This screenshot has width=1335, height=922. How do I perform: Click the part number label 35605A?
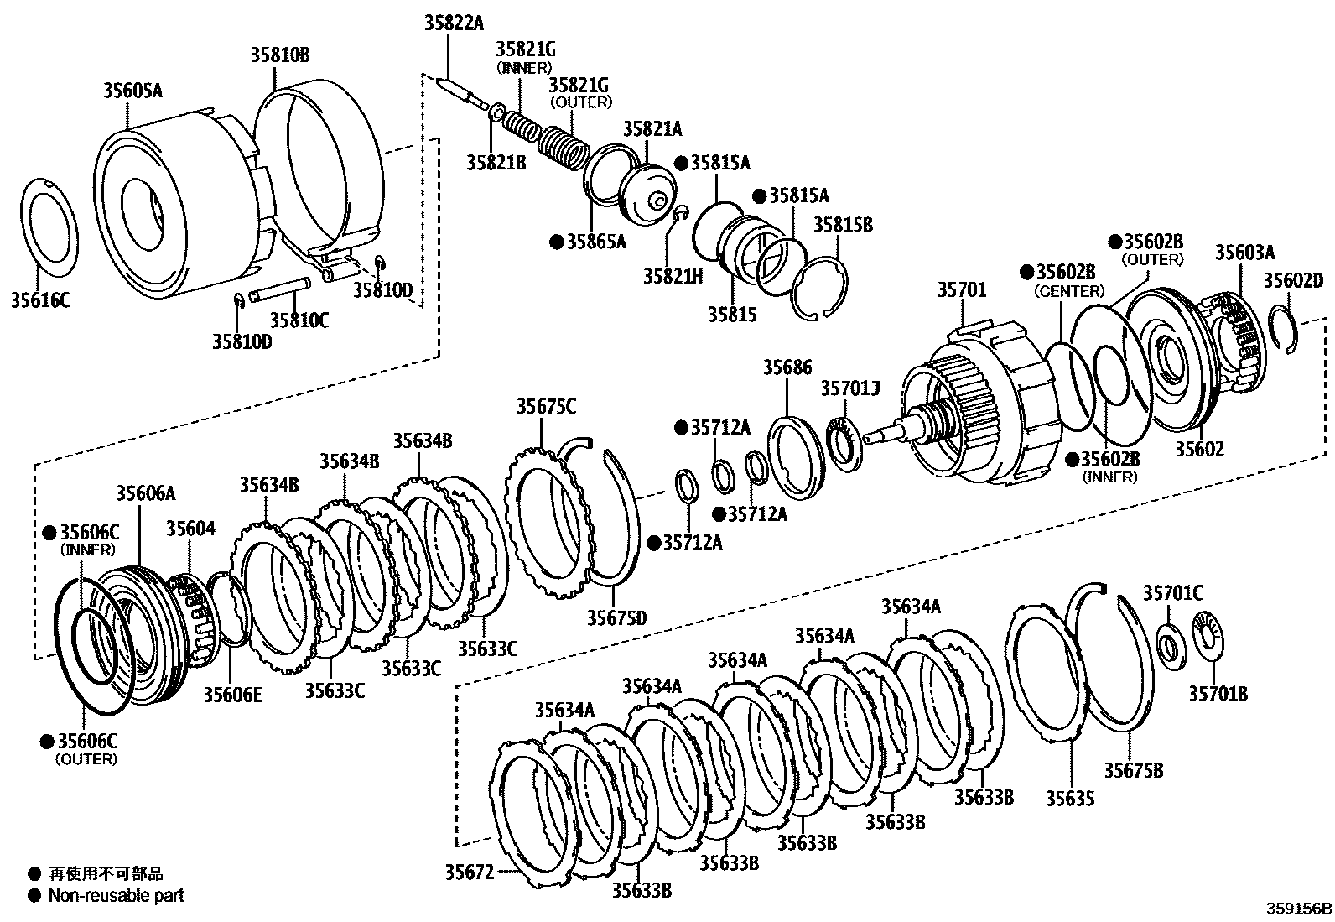tap(132, 90)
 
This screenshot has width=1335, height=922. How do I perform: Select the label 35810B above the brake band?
tap(279, 55)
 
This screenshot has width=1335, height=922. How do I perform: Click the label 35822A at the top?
tap(454, 23)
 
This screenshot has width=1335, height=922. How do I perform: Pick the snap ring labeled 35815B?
tap(821, 289)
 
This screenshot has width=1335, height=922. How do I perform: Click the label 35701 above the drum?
tap(961, 290)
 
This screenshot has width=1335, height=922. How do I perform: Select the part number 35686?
tap(787, 367)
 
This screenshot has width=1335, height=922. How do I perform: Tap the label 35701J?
tap(849, 388)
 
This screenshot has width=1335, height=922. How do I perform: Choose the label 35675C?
tap(546, 407)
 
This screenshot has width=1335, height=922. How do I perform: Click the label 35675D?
tap(616, 617)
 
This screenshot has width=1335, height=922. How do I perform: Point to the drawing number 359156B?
tap(1298, 909)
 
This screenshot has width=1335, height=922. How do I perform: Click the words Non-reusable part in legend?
tap(116, 895)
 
